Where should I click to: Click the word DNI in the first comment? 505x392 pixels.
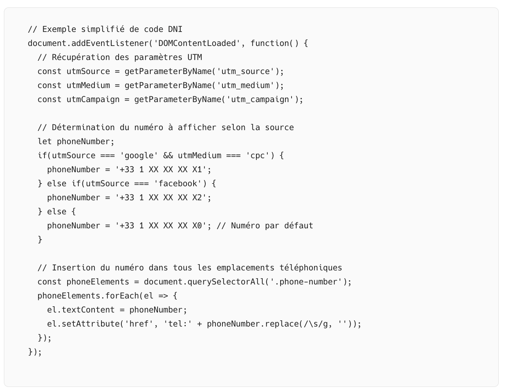click(175, 29)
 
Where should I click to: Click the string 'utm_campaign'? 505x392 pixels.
click(260, 99)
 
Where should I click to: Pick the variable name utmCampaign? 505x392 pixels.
click(93, 99)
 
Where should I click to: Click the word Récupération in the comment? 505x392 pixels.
click(81, 57)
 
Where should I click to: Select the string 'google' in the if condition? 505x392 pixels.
click(139, 155)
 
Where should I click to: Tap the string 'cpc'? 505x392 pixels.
click(258, 155)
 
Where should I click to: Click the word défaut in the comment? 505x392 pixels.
click(299, 226)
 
